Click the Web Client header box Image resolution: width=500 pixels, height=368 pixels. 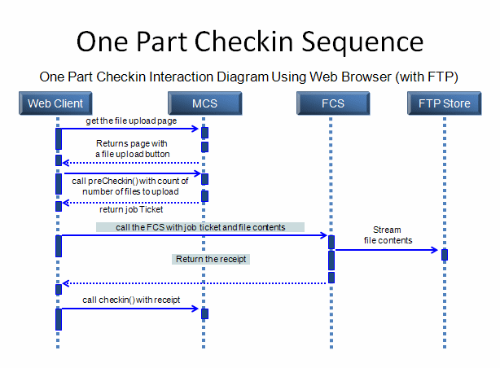point(55,103)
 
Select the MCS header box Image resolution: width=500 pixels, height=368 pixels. point(204,103)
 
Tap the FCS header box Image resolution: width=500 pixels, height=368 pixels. point(333,103)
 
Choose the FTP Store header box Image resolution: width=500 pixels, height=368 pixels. point(444,103)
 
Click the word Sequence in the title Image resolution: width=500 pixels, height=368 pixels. point(362,42)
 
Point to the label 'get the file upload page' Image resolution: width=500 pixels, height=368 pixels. point(131,120)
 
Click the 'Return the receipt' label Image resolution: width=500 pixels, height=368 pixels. point(211,259)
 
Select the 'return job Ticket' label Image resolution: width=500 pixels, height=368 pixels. point(131,209)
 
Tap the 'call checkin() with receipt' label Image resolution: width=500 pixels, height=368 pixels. point(131,300)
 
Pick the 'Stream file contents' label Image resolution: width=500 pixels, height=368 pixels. point(388,235)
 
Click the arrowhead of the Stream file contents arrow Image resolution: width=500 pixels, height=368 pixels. point(434,250)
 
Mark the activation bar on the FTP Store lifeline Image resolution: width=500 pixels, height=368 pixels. point(445,255)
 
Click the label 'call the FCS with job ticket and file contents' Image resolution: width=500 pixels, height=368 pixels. point(200,227)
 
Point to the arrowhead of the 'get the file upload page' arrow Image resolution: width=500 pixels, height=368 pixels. point(195,129)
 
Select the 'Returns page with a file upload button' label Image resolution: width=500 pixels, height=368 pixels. point(133,149)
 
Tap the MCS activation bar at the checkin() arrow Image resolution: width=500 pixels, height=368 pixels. point(204,313)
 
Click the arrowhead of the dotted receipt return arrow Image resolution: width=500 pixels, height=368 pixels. point(66,283)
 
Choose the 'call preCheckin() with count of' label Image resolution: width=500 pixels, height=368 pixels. point(130,181)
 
